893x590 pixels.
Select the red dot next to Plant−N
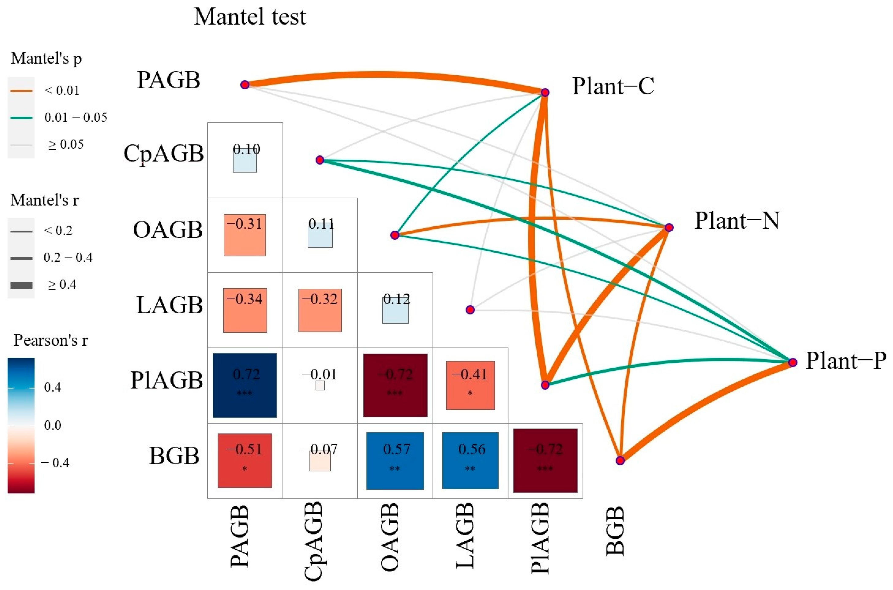pos(669,227)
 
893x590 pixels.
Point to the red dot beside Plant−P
pos(793,362)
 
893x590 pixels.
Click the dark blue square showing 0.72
pos(245,385)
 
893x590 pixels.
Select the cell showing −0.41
pos(470,385)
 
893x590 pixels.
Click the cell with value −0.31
pos(245,235)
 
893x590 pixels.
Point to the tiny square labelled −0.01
pos(320,385)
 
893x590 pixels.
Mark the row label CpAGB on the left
pos(164,154)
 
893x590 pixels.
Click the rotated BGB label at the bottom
pos(616,530)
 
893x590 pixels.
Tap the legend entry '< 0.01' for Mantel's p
pos(62,91)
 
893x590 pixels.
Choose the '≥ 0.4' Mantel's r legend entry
pos(62,284)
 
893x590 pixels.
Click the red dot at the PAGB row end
pos(245,85)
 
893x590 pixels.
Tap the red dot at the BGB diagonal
pos(620,460)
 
